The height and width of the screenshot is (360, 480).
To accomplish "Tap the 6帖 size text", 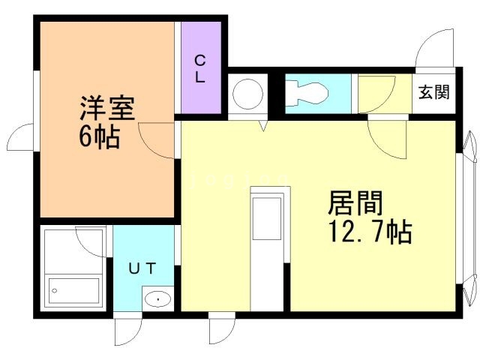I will [99, 137].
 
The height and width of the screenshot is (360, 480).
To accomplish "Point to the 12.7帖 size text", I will [368, 232].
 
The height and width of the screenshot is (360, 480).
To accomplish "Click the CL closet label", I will [201, 67].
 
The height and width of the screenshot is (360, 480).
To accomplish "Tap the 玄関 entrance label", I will [433, 93].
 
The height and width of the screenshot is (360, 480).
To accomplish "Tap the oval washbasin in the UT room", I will [158, 299].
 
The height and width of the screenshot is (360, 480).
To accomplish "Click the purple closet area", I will [201, 67].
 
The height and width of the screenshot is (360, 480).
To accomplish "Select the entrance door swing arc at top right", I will [435, 48].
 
